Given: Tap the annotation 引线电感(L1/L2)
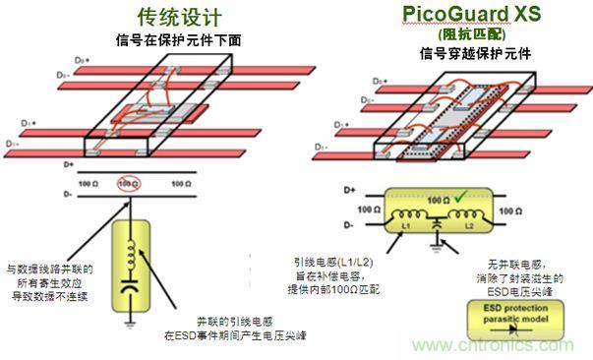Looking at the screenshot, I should pyautogui.click(x=329, y=263).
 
